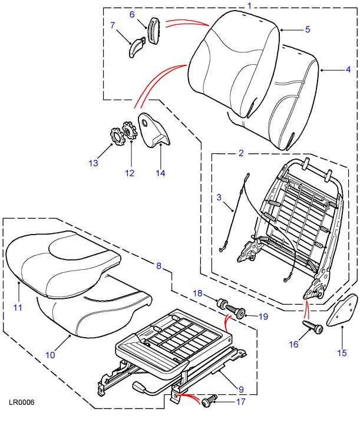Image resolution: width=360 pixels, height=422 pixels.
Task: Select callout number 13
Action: coord(93,163)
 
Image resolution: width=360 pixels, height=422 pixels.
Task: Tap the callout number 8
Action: coord(158,266)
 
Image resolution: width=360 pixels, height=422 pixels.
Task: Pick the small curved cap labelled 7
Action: coord(137,45)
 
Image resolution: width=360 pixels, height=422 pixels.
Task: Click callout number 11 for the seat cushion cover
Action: coord(18,307)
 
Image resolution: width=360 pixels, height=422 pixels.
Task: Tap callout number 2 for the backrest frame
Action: coord(241,153)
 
